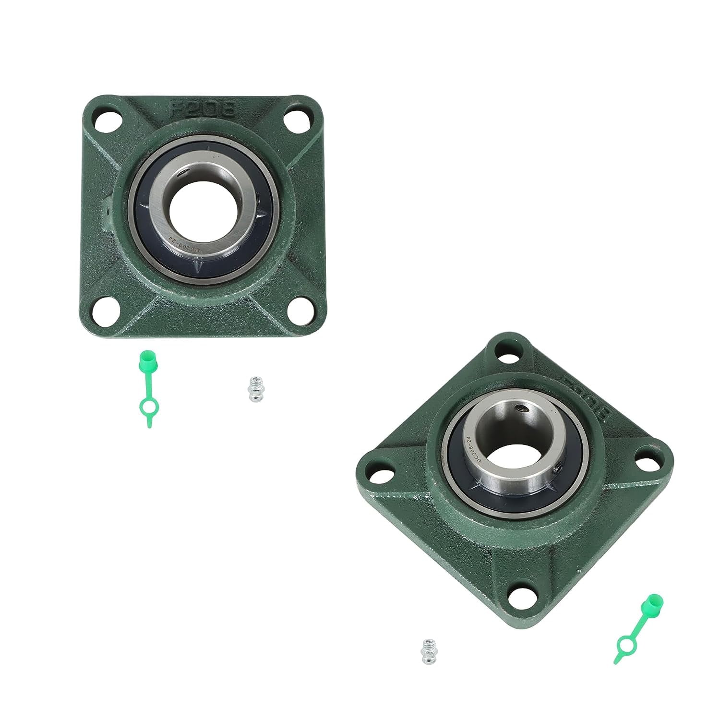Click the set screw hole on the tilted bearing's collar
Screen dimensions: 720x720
pyautogui.click(x=521, y=409)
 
